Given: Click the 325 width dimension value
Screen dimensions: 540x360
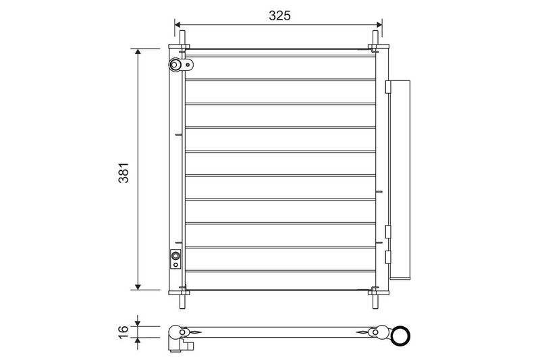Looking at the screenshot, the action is [x=279, y=16].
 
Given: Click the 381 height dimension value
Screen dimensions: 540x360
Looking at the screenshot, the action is [x=124, y=173].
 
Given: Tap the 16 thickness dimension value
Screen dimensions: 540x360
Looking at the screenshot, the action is [x=124, y=332].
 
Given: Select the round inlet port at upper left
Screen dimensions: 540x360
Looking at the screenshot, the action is [x=175, y=64].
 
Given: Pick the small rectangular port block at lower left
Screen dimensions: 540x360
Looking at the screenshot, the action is [x=175, y=259].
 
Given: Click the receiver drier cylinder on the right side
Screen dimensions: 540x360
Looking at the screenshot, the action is [x=400, y=179].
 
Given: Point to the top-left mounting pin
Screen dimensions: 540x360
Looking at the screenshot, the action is [x=182, y=38].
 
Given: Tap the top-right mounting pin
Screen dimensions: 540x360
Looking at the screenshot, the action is [x=375, y=38].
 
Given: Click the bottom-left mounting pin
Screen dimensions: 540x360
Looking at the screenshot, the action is [x=182, y=301].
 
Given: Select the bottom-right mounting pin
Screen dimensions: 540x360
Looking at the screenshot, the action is [x=375, y=301].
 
